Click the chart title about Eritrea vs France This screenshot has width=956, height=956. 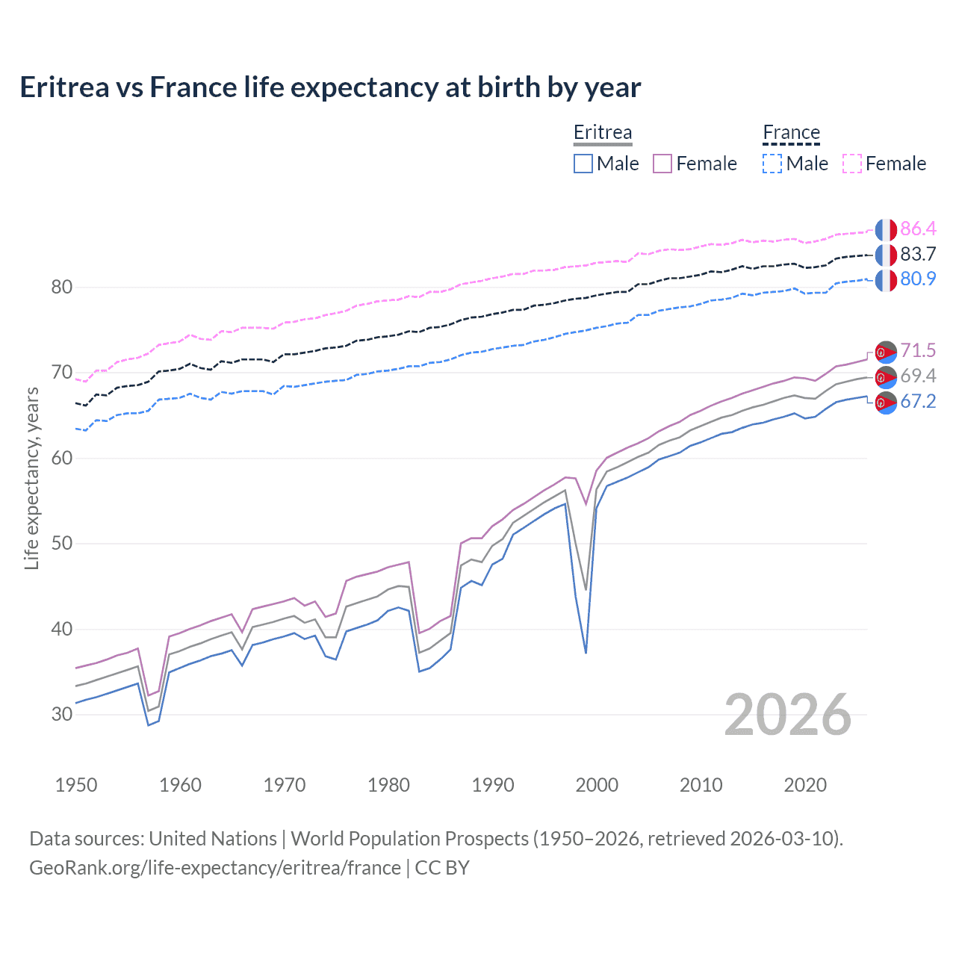pyautogui.click(x=330, y=87)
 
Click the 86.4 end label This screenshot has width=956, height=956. pyautogui.click(x=918, y=229)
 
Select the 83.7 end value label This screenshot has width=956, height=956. pyautogui.click(x=918, y=254)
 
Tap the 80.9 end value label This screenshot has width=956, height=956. pyautogui.click(x=918, y=279)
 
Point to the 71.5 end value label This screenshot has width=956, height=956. pyautogui.click(x=918, y=350)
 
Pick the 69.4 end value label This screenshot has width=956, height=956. pyautogui.click(x=918, y=376)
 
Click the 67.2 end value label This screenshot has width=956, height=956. pyautogui.click(x=918, y=401)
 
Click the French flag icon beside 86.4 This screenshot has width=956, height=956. pyautogui.click(x=886, y=230)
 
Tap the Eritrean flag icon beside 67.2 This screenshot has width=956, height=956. pyautogui.click(x=886, y=403)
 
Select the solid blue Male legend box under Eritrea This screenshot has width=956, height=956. pyautogui.click(x=583, y=164)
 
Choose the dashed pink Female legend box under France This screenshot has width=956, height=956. pyautogui.click(x=852, y=164)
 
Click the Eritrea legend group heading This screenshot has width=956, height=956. pyautogui.click(x=603, y=133)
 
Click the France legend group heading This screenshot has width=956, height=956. pyautogui.click(x=791, y=133)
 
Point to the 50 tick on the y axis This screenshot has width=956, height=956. pyautogui.click(x=62, y=544)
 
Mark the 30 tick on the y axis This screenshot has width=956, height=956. pyautogui.click(x=62, y=715)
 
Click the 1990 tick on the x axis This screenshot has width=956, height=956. pyautogui.click(x=493, y=785)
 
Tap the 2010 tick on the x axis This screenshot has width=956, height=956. pyautogui.click(x=701, y=785)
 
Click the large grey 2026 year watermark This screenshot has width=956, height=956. pyautogui.click(x=787, y=716)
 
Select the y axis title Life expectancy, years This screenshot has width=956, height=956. pyautogui.click(x=32, y=478)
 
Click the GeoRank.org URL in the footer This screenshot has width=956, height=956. pyautogui.click(x=215, y=868)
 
